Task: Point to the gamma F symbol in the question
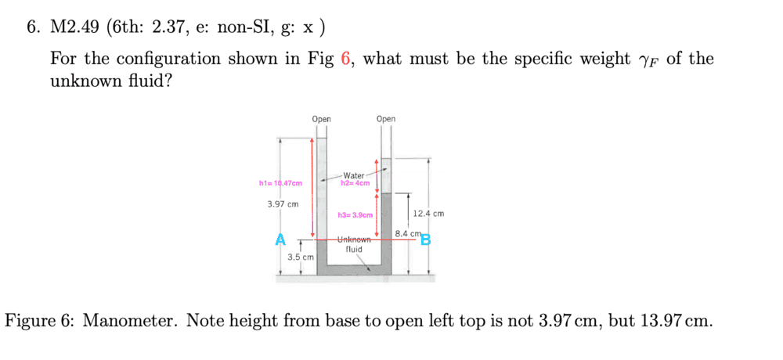point(647,60)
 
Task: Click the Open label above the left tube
point(321,119)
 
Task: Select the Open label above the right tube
point(386,119)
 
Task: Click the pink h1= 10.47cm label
point(280,183)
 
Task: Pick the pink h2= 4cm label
point(355,183)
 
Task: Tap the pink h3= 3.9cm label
point(355,215)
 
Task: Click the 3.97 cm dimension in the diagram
point(283,204)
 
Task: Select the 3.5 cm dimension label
point(301,257)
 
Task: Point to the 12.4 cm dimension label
point(428,213)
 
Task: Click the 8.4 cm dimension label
point(409,233)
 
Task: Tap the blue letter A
point(280,239)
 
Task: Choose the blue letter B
point(425,239)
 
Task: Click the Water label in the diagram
point(354,175)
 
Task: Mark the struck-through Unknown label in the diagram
point(354,239)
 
